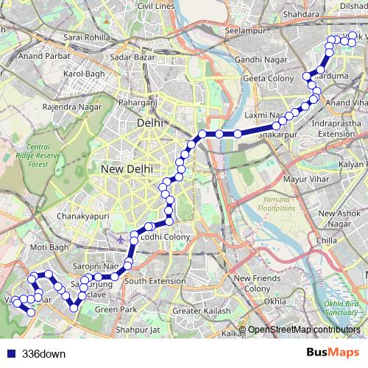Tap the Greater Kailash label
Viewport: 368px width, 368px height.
click(197, 311)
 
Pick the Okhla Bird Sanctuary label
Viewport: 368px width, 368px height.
click(342, 307)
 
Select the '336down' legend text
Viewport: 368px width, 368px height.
click(43, 353)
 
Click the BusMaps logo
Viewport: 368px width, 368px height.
click(328, 353)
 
